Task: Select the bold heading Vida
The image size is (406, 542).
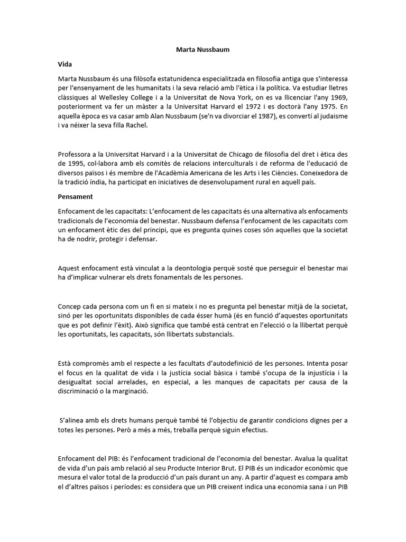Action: [x=65, y=64]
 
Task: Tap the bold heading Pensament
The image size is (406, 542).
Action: [x=75, y=196]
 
